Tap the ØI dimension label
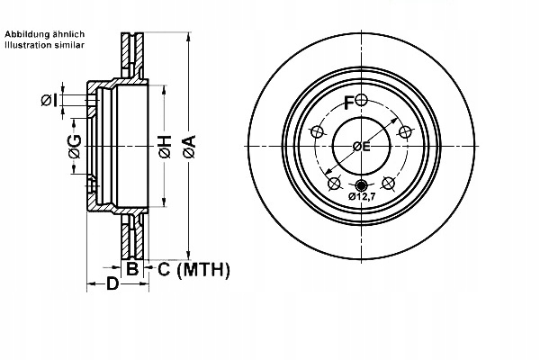click(50, 100)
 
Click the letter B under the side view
click(132, 268)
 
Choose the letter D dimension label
click(112, 285)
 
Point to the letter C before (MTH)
click(164, 268)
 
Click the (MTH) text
click(203, 268)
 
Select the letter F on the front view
click(349, 103)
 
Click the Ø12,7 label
click(363, 196)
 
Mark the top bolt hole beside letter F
click(361, 99)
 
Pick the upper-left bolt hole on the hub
click(317, 132)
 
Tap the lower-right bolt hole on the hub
click(389, 184)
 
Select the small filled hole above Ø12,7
click(362, 186)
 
